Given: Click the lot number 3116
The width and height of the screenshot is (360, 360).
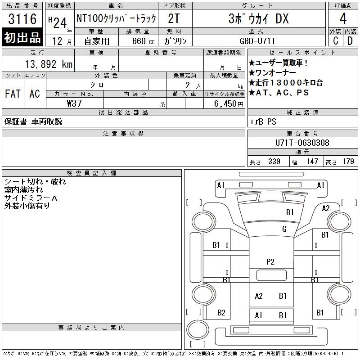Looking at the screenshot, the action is point(22,18).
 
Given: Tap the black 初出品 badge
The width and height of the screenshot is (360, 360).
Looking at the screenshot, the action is point(22,37).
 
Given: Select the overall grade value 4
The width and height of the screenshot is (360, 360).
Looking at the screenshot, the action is point(343,18).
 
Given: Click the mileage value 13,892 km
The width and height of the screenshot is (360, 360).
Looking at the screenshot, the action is point(49,64).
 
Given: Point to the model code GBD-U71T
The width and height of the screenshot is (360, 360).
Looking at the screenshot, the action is point(257,41).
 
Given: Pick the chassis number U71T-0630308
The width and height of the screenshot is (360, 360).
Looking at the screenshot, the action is point(302,143).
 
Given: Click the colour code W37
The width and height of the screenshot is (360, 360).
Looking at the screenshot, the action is point(74,103).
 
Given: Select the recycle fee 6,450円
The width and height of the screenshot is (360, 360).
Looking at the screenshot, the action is point(229,104).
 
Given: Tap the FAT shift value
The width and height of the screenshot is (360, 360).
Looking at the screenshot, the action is point(13,94).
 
